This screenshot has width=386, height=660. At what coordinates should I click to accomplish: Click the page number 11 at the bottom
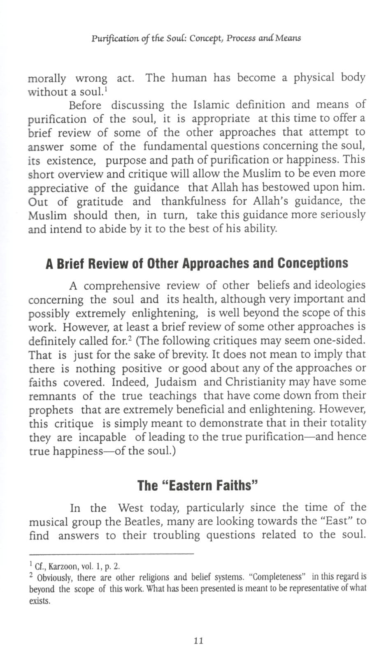click(x=198, y=640)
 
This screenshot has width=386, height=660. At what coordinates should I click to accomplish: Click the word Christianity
click(x=251, y=382)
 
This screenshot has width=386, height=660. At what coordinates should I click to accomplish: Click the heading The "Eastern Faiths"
click(x=198, y=485)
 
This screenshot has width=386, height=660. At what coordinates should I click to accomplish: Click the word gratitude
click(x=100, y=202)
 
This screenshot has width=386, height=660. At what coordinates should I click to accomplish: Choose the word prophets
click(x=51, y=410)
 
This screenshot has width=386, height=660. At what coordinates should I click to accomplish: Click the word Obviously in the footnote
click(x=55, y=578)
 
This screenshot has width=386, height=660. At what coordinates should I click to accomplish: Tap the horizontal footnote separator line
click(x=111, y=554)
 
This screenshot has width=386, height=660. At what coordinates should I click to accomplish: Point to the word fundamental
click(x=175, y=146)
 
